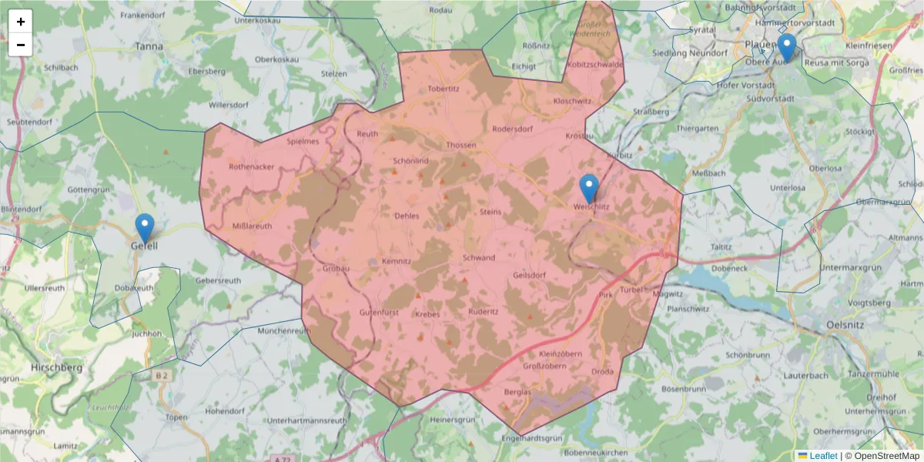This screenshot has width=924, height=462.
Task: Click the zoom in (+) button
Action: [x=21, y=22]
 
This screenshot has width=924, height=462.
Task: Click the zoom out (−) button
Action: [x=21, y=45]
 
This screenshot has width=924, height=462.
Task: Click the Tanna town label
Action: [x=149, y=46]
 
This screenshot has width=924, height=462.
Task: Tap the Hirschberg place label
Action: [x=55, y=368]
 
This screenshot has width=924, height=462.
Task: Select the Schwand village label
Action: [x=479, y=258]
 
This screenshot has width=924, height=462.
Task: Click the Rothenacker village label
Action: [x=252, y=166]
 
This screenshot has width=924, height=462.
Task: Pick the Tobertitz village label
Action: [x=444, y=89]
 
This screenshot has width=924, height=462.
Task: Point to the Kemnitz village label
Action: [x=397, y=262]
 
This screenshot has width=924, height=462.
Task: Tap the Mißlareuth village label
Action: [x=252, y=226]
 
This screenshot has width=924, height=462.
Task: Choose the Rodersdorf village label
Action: [x=512, y=129]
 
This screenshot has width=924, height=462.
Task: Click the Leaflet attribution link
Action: [x=823, y=456]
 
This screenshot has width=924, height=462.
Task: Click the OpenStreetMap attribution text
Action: [x=886, y=456]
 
